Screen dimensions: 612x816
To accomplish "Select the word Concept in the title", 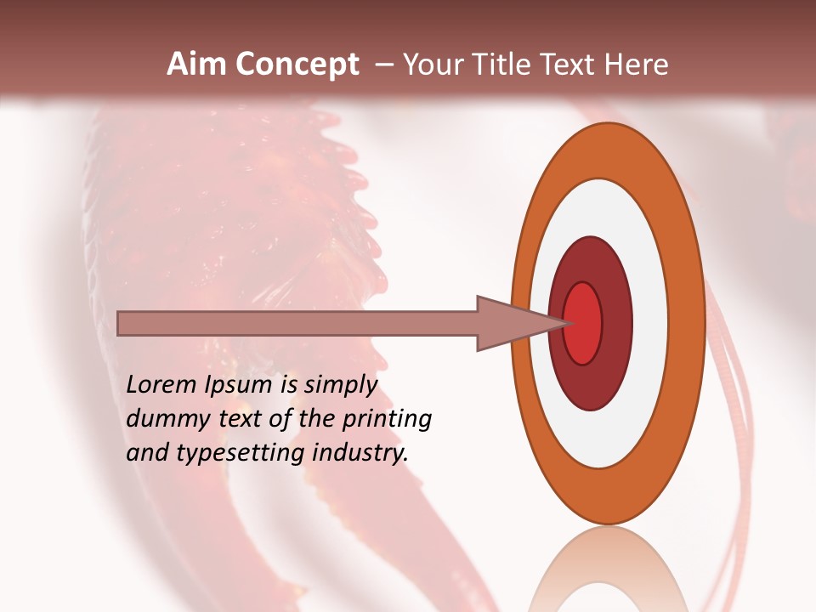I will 297,65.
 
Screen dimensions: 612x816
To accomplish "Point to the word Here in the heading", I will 637,65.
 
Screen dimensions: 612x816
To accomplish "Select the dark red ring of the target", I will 616,323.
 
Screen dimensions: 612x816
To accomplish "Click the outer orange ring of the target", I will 690,323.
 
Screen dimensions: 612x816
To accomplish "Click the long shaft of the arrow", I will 297,323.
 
